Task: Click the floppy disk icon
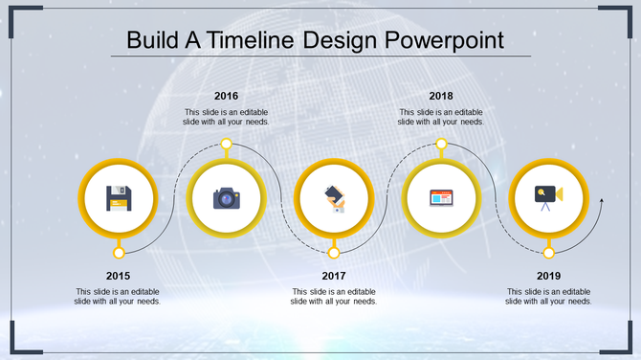pos(119,198)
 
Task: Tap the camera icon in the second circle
pos(226,198)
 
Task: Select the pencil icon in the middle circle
pos(334,198)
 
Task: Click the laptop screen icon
pos(441,198)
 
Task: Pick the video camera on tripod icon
pos(548,196)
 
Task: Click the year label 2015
pos(119,276)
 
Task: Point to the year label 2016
pos(227,96)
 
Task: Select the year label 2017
pos(334,276)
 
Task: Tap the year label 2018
pos(441,96)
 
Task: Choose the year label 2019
pos(548,276)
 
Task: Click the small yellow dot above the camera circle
pos(226,145)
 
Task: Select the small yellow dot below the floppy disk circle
pos(119,253)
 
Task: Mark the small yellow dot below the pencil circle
pos(334,253)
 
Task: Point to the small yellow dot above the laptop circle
pos(441,145)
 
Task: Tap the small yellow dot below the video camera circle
pos(548,253)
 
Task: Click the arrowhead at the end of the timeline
pos(601,201)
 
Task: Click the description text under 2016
pos(227,117)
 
